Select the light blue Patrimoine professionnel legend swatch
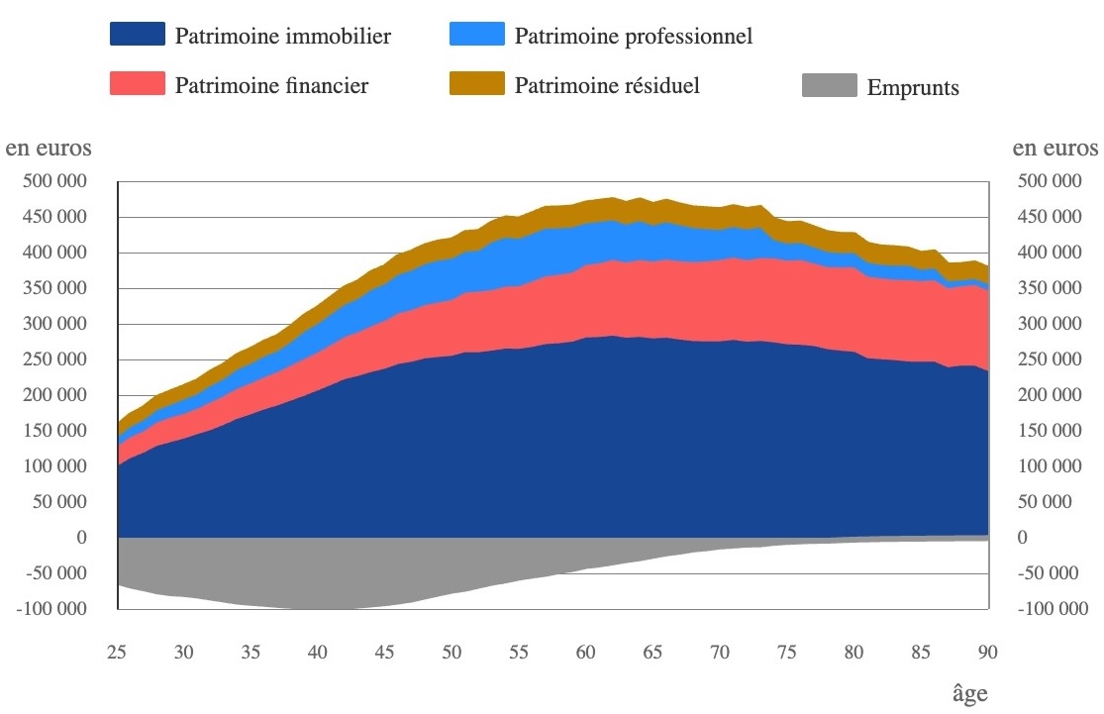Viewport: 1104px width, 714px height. pos(476,36)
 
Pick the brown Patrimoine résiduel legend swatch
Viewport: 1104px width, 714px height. pos(476,85)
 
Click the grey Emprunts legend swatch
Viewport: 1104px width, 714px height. pos(828,87)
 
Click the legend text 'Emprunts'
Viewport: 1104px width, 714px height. pos(913,88)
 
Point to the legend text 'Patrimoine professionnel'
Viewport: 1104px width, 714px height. pos(634,37)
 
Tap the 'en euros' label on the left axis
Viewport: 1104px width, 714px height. pos(50,149)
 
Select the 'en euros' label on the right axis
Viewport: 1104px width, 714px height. pos(1055,149)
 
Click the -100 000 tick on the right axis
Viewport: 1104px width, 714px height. pos(1053,609)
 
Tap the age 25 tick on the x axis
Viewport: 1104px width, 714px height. pos(118,653)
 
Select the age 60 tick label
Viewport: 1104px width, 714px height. pos(585,653)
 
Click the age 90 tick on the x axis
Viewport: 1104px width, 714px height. pos(987,653)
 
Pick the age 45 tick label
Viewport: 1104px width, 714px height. pos(384,653)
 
